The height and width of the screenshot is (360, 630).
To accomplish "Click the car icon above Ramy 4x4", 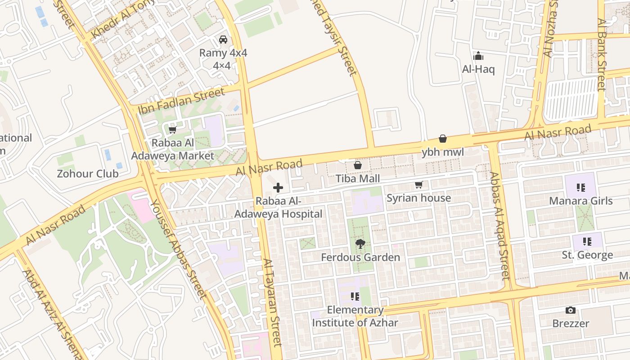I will point(223,40).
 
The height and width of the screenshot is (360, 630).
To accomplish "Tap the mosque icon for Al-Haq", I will point(478,56).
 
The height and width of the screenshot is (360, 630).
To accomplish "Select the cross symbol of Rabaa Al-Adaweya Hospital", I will point(278,188).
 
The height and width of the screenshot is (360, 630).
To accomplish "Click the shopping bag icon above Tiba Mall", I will point(358,165).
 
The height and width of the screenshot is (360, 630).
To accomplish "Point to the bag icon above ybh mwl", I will point(443,139).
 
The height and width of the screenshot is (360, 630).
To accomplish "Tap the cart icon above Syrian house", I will point(419,184).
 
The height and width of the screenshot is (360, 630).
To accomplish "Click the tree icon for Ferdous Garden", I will point(360,244).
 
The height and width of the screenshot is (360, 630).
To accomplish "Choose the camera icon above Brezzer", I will point(570,310).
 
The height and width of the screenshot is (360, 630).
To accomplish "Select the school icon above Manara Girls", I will point(580,187).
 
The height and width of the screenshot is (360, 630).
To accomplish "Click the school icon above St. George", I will point(587,242).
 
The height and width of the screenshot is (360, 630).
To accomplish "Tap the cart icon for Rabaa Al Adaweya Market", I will point(172,130).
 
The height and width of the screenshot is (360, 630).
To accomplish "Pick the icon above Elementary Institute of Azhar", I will point(355,297).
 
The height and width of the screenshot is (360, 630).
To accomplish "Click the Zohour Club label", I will point(88,174).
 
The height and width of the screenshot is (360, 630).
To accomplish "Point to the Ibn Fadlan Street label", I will point(181,101).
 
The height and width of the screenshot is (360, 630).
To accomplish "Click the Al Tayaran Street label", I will point(272,302).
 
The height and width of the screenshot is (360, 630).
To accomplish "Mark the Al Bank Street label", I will point(602,54).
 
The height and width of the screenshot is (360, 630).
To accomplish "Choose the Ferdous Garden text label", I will point(360,257).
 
